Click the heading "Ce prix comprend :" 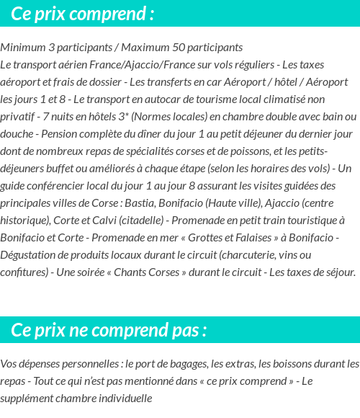click(83, 14)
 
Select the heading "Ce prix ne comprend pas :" click(109, 330)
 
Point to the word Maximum click(145, 48)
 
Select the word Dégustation click(30, 255)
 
